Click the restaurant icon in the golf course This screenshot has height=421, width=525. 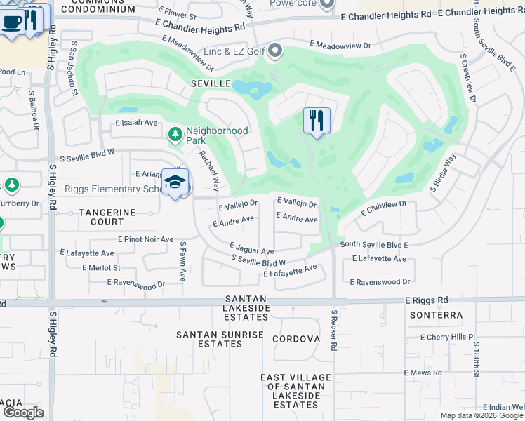click(317, 121)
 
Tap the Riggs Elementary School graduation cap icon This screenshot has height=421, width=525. click(175, 182)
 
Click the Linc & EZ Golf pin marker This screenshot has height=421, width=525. click(276, 51)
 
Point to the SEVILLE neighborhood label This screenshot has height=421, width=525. click(211, 83)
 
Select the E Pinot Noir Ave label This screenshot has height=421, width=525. click(145, 239)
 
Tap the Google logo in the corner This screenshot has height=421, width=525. click(22, 413)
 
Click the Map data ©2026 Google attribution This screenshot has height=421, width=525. click(481, 415)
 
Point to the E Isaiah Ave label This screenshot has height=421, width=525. click(137, 122)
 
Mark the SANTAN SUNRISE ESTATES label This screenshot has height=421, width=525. click(220, 340)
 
